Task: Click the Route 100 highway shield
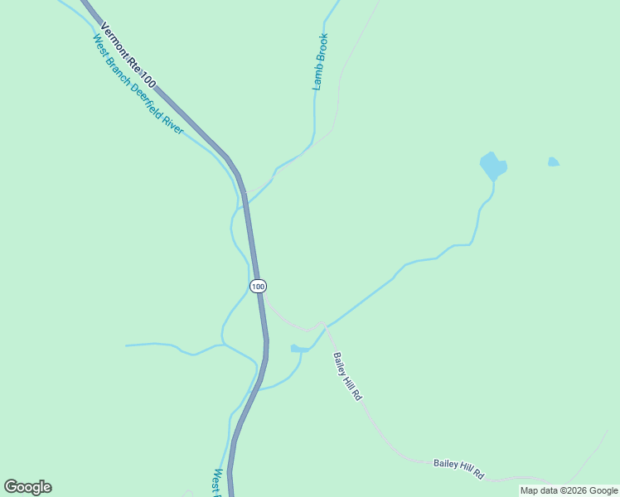coord(258,286)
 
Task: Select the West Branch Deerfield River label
coord(138,84)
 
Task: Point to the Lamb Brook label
coord(321,61)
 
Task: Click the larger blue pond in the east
coord(492,166)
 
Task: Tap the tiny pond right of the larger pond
coord(553,162)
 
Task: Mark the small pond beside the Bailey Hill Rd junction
coord(297,349)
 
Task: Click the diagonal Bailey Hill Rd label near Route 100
coord(348,376)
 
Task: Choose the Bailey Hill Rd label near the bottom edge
coord(458,468)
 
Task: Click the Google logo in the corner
coord(27,487)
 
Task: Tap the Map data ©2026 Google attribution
coord(569,490)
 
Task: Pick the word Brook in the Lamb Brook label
coord(322,49)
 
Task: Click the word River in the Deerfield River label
coord(172,122)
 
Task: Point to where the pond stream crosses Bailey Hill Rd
coord(326,327)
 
